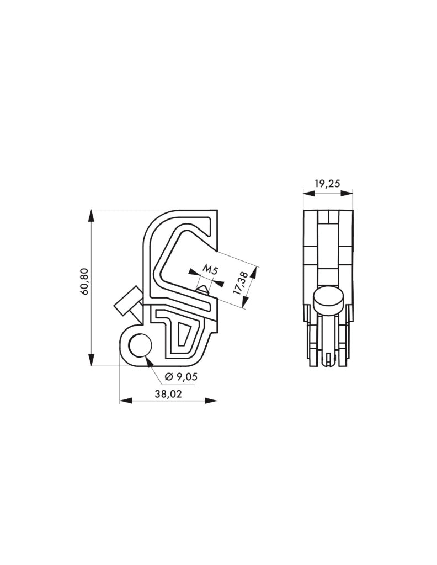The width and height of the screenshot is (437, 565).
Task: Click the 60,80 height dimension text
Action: click(84, 282)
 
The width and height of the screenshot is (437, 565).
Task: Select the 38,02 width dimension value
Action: click(169, 393)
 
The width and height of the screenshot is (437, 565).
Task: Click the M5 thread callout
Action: click(209, 270)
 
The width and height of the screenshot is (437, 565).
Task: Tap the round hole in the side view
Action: click(139, 346)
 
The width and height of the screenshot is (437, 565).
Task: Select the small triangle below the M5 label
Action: click(203, 288)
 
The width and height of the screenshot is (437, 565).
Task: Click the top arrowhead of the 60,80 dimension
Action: click(90, 214)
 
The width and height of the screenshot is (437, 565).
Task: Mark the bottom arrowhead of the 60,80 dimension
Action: click(90, 361)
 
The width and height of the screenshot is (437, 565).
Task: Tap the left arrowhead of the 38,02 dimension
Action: click(124, 401)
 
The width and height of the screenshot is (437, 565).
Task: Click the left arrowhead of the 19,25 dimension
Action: click(307, 193)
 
